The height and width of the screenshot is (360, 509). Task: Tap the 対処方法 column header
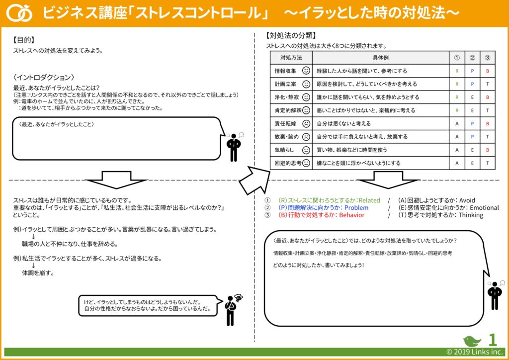[x=291, y=58]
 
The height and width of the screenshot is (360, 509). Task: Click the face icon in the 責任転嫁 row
[x=306, y=123]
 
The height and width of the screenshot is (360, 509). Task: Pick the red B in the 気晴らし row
[x=488, y=150]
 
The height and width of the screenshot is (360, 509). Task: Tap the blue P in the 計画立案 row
[x=472, y=84]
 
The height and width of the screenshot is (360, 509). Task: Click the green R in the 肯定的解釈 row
[x=457, y=110]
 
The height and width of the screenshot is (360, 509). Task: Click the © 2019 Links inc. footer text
[x=475, y=352]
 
